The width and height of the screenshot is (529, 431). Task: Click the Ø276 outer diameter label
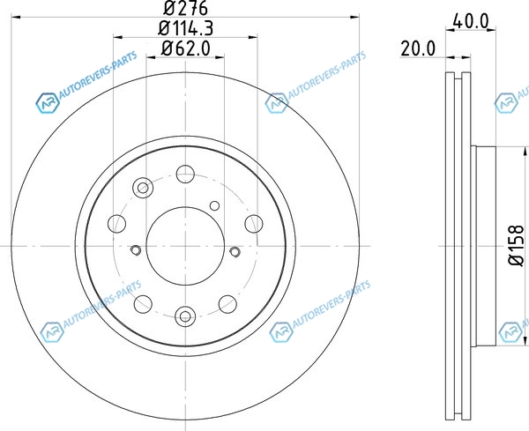pos(185,8)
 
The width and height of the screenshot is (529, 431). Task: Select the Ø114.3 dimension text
pos(185,28)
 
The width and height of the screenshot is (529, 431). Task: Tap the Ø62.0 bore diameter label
pos(185,48)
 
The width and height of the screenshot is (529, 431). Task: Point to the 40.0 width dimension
pos(471,21)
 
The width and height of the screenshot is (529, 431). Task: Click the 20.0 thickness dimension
pos(418,48)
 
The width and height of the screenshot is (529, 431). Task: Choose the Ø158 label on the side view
pos(516,245)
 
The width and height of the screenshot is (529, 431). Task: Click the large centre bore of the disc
pos(185,246)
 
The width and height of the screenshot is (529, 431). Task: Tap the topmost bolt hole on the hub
pos(185,174)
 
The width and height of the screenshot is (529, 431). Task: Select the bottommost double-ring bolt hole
pos(185,316)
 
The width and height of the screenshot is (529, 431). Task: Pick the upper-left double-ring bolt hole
pos(143,188)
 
